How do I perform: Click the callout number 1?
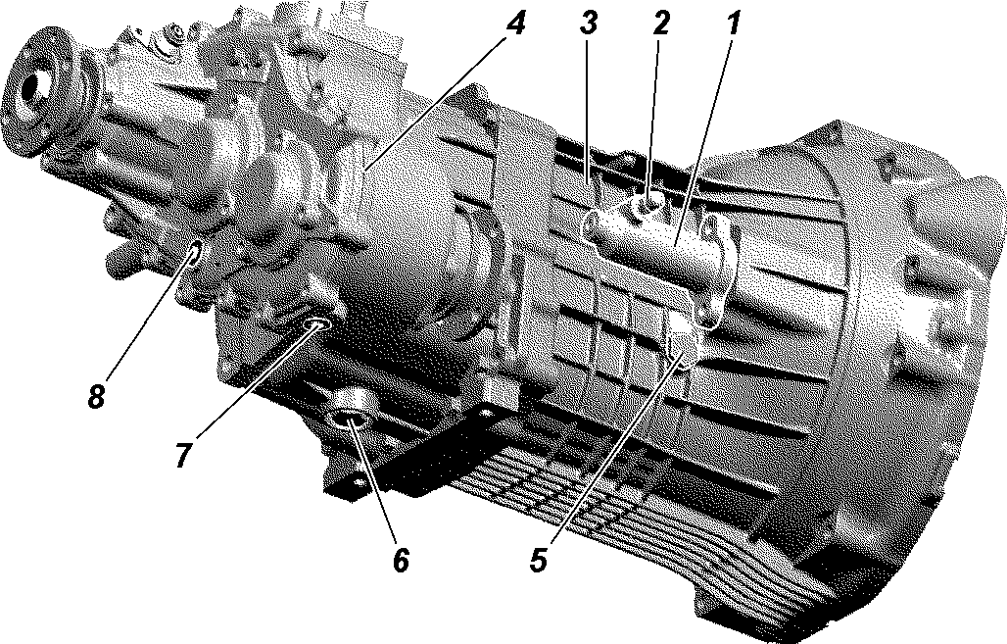733,24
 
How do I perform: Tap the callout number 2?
661,24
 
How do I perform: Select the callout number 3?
589,24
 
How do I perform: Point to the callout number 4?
515,24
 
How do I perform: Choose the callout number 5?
539,560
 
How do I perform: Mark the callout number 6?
401,560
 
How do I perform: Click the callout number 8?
96,397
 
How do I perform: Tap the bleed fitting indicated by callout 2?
646,205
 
